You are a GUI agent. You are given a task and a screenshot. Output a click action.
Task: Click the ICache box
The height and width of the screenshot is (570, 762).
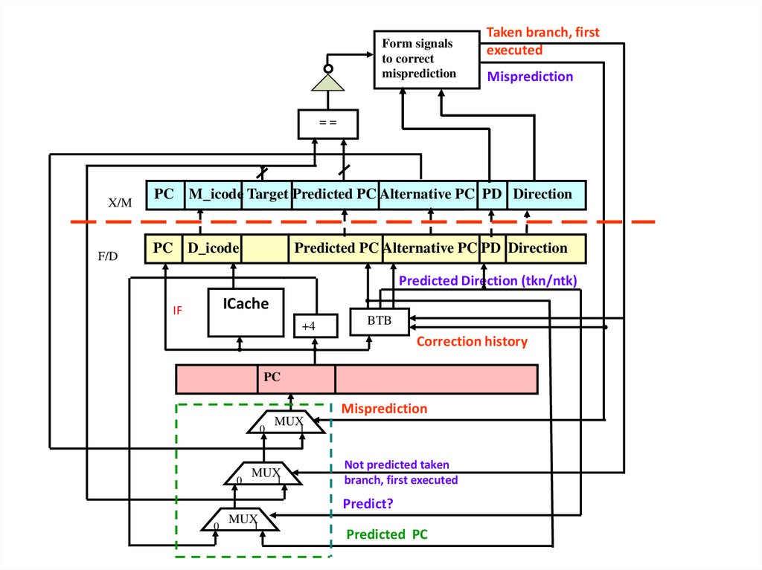coord(246,311)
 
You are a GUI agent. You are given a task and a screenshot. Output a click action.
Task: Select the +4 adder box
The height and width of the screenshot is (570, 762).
coord(316,325)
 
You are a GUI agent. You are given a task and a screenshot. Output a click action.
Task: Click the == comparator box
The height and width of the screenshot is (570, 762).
coord(328,123)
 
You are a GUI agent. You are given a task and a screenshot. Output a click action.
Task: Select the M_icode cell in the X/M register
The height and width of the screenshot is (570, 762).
coord(214,195)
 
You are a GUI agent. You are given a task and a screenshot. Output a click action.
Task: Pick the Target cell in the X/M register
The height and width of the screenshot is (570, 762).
coord(267,195)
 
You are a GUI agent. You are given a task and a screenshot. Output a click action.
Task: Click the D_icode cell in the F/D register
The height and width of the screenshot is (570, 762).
coord(212,248)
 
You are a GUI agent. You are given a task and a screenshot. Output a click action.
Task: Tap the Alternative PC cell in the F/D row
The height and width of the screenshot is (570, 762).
coord(430,248)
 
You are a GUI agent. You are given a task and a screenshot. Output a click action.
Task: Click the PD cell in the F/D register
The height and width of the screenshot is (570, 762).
coord(491,248)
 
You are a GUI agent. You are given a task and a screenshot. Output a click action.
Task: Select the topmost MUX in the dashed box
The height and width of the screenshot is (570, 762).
coord(286,422)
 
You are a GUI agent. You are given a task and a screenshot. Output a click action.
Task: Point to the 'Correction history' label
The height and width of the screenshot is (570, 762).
coord(472,342)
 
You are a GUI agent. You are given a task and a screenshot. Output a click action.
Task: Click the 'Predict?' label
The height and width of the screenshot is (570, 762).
coord(368,504)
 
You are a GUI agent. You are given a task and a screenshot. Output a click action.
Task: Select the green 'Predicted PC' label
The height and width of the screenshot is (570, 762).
coord(387,534)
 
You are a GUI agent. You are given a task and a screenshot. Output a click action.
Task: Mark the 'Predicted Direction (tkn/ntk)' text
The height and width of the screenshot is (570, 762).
coord(488,281)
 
